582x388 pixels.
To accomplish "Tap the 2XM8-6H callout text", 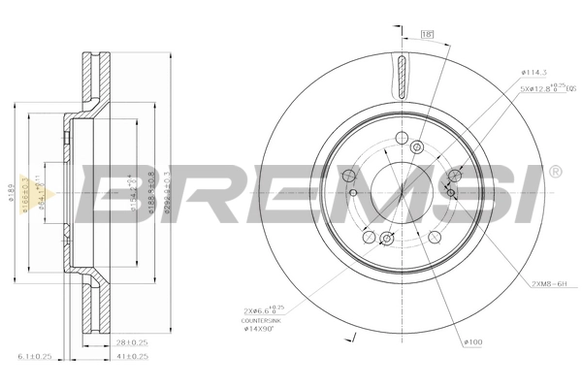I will coord(552,282).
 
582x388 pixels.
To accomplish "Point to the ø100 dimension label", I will coord(473,341).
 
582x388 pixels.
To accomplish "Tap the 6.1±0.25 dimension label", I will coord(34,358).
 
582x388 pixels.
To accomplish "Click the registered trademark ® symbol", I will coord(555,172).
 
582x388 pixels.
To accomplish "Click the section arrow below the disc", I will coord(354,339).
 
